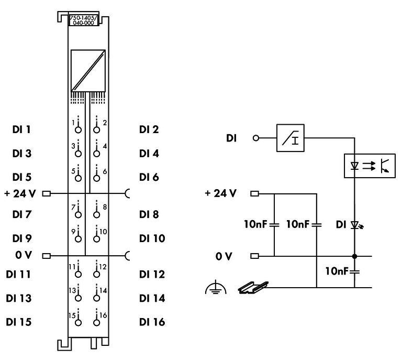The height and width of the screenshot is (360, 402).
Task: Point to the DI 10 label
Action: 152,238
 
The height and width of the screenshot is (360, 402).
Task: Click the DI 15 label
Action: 18,322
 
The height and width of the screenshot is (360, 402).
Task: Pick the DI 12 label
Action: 152,274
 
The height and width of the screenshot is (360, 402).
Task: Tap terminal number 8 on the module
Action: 105,208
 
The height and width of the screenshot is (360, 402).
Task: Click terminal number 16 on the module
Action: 103,315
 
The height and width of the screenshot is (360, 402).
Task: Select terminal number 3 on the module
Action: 74,146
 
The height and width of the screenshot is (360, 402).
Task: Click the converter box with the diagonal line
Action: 88,70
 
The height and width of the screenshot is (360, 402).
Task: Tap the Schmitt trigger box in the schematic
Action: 290,139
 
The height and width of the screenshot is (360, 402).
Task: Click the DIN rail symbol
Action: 255,287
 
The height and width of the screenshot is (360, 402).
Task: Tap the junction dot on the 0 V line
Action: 354,257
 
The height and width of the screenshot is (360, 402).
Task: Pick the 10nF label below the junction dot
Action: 338,271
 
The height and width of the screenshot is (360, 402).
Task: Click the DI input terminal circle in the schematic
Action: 255,139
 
